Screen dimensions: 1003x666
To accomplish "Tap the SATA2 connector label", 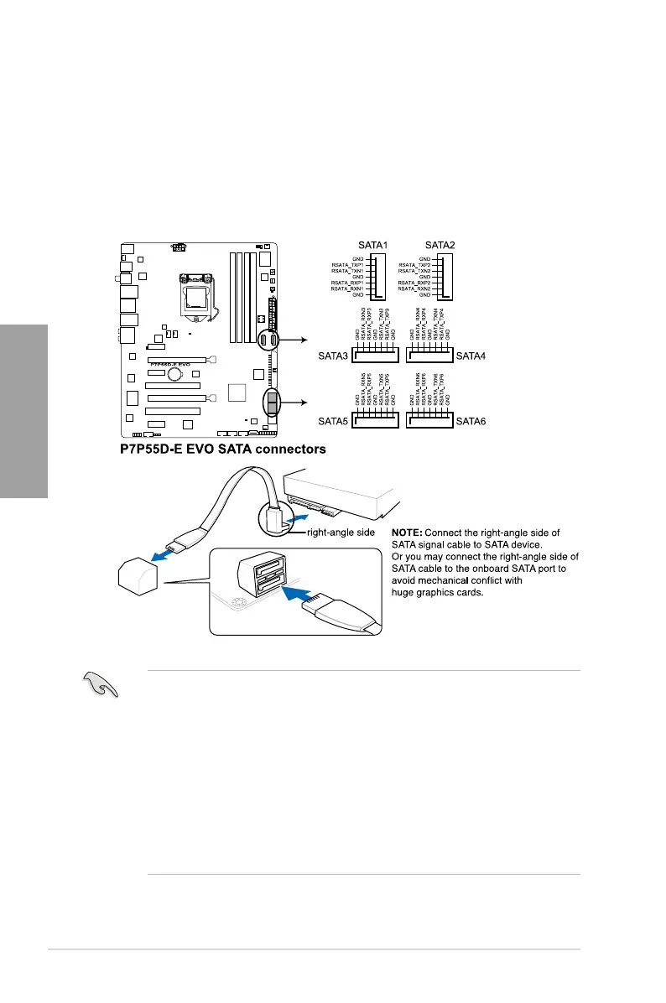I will point(441,246).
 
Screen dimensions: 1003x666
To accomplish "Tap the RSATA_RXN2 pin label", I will point(414,288).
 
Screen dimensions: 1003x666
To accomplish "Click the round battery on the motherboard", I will point(174,377).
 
